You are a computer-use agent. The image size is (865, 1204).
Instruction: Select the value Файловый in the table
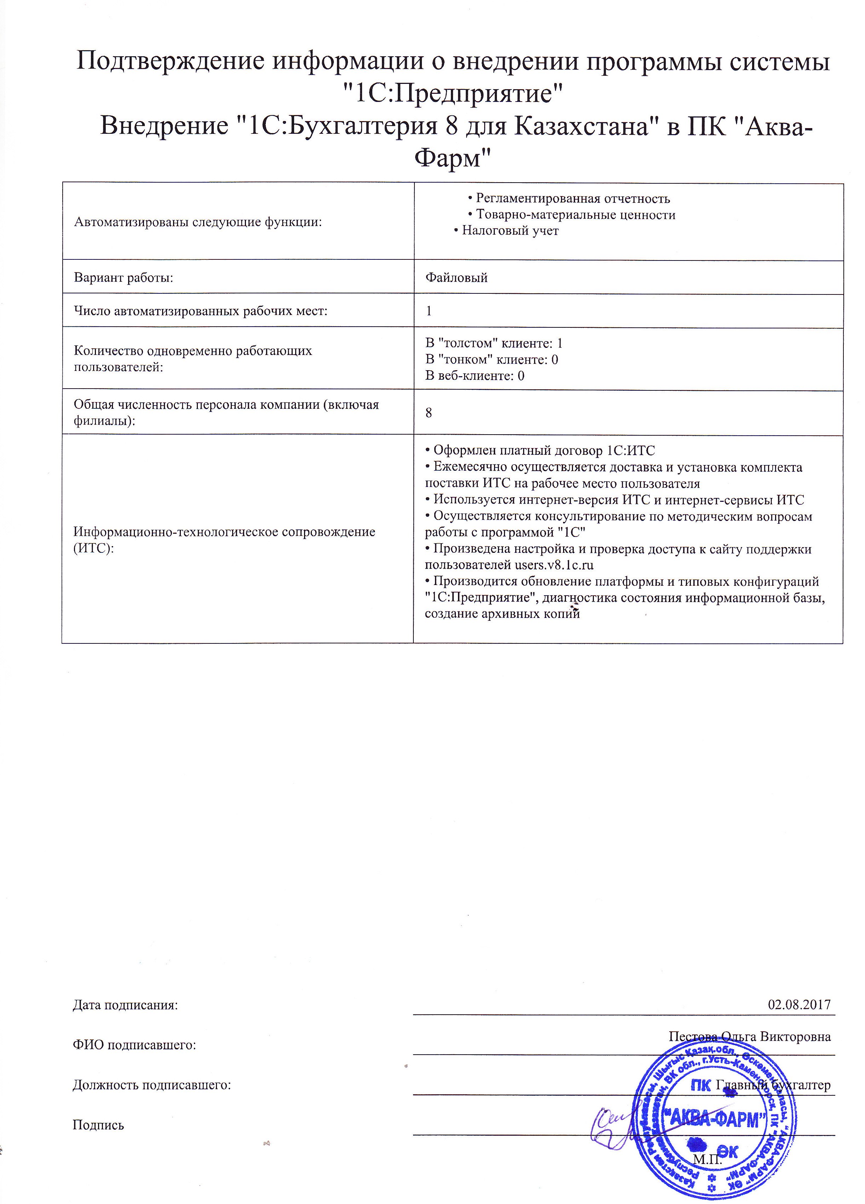[456, 277]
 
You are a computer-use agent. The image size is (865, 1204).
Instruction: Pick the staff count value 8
[429, 413]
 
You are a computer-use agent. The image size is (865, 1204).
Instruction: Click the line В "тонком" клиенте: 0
[492, 360]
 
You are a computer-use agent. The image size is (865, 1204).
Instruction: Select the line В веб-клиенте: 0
[475, 376]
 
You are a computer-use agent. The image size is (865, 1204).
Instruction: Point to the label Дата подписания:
[125, 1005]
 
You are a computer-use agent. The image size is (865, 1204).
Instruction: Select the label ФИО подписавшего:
[134, 1045]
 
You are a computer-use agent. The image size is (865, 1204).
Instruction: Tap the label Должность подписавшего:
[152, 1085]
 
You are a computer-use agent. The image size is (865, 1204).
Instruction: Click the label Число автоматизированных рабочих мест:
[201, 311]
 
